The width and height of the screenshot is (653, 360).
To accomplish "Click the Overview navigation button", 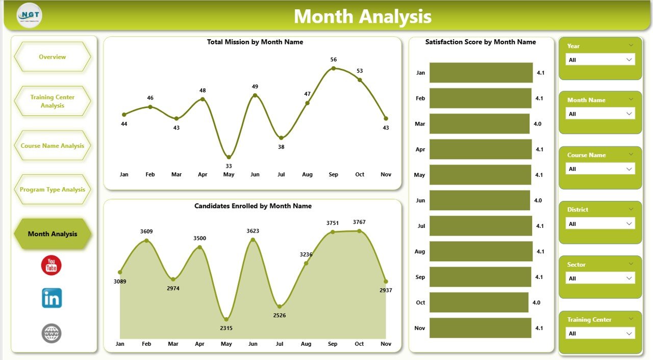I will (53, 57).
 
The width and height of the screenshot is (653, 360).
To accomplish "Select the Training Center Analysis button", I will (53, 101).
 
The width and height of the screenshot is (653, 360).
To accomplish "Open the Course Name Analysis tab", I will (53, 146).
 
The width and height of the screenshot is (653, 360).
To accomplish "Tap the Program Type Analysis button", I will (53, 190).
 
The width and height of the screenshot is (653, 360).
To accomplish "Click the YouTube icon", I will (52, 266).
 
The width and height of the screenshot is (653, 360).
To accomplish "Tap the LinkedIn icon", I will (52, 298).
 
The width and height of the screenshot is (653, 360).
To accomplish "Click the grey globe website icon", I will (52, 333).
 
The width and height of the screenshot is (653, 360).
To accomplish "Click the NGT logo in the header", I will (29, 16).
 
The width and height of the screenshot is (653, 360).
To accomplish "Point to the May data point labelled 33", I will (229, 157).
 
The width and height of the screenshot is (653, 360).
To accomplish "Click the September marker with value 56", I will (333, 68).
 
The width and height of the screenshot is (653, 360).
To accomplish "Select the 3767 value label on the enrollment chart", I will (359, 222).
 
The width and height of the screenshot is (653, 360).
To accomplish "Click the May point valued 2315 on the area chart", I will (227, 319).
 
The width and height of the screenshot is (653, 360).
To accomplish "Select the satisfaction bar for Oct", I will (479, 302).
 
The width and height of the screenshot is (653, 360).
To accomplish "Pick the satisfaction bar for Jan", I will (481, 73).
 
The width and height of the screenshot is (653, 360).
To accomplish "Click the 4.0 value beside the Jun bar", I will (538, 200).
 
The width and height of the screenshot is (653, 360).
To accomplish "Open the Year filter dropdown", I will (600, 60).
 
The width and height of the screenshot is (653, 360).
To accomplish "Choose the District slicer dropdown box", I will (600, 224).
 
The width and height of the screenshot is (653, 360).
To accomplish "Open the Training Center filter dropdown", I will (600, 333).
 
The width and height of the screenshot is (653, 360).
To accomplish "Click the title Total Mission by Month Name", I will (255, 42).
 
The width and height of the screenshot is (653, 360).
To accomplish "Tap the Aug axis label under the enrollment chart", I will (307, 344).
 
